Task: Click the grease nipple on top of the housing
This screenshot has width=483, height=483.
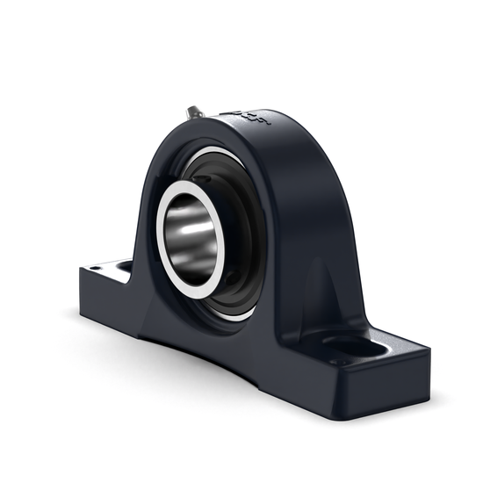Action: coord(194,112)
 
